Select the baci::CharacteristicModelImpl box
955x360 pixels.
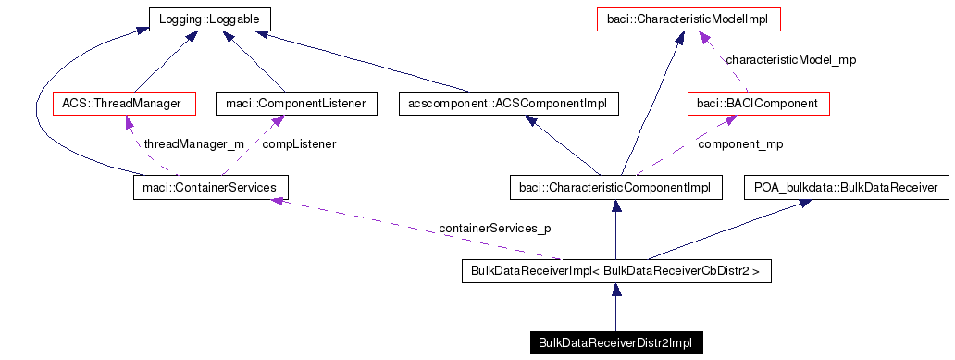[x=688, y=18]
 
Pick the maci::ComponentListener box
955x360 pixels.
[x=296, y=103]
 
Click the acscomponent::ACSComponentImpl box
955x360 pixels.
[x=507, y=103]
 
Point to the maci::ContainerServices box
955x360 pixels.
[x=211, y=188]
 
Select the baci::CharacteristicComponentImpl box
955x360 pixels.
[x=615, y=188]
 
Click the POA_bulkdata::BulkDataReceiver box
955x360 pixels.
[x=846, y=188]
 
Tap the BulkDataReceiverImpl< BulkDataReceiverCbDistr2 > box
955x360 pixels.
[x=615, y=272]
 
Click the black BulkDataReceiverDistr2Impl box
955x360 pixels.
[x=615, y=343]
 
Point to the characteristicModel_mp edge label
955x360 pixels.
[x=790, y=60]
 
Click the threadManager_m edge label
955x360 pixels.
[x=192, y=144]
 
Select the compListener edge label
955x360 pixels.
[x=299, y=144]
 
